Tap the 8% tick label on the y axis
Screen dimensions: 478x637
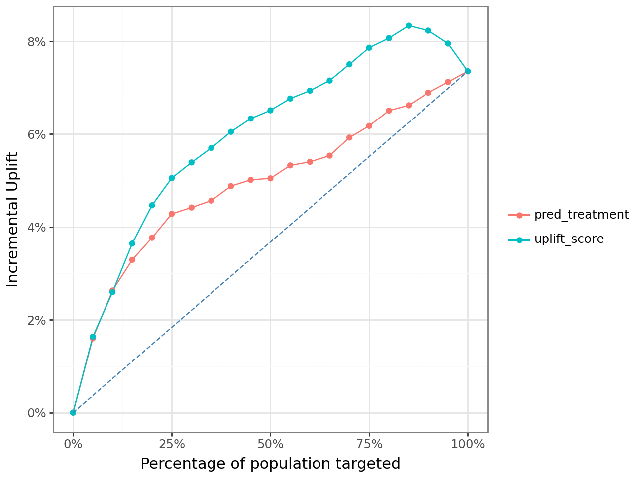point(37,42)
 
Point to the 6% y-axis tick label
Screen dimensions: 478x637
point(37,134)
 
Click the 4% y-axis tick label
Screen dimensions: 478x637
point(37,227)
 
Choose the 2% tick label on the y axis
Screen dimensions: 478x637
point(37,320)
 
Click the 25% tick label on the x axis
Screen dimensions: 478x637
point(172,444)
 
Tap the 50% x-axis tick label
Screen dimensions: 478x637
point(270,444)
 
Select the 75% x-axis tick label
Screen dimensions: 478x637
point(369,444)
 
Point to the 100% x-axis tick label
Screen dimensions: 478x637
point(468,444)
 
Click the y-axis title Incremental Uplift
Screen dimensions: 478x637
point(13,219)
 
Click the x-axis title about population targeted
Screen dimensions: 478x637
point(270,464)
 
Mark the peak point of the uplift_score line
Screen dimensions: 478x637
point(409,25)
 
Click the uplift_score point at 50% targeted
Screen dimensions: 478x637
point(270,110)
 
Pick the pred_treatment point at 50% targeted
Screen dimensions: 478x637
point(270,178)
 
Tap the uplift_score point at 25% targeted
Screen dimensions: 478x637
point(172,178)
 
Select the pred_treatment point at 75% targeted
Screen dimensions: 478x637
point(369,126)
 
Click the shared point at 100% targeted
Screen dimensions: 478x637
point(468,71)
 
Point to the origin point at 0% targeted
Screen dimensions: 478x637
point(73,412)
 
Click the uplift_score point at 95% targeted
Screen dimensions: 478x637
point(448,43)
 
